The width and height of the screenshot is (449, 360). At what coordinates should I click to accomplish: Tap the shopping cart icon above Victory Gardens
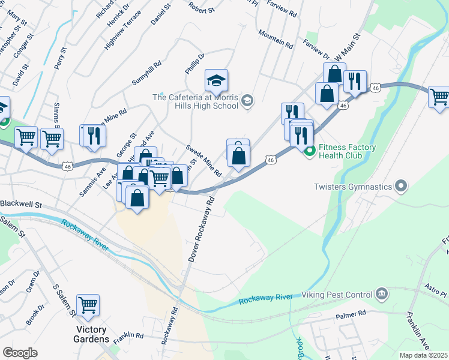tap(88, 305)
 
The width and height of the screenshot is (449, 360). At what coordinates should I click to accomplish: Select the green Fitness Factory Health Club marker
tap(309, 151)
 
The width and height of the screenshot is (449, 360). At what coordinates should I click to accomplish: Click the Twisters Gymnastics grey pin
tap(402, 187)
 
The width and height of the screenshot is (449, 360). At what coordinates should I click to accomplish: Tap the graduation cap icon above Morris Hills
tap(216, 80)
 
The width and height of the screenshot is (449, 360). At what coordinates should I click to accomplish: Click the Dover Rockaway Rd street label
tap(200, 228)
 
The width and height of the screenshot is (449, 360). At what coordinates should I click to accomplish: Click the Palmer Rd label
tap(351, 314)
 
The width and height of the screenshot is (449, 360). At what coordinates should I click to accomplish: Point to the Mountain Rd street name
tap(275, 39)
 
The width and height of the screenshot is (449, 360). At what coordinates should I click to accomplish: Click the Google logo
tap(20, 353)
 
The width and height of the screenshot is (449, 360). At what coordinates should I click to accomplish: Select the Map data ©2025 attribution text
tap(423, 355)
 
